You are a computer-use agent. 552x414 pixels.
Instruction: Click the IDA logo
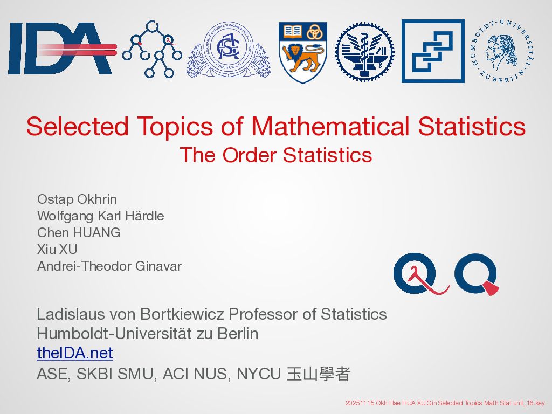pos(63,48)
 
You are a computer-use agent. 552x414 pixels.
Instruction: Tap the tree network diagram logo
pos(152,49)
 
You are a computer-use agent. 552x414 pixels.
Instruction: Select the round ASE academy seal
pos(228,49)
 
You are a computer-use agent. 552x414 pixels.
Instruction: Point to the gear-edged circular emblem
pos(364,52)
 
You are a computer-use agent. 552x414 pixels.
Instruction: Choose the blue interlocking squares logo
pos(433,51)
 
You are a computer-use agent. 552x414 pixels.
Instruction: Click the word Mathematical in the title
pos(330,126)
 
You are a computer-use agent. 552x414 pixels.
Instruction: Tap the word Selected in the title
pos(78,126)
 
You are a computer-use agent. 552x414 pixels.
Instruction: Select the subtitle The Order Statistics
pos(276,155)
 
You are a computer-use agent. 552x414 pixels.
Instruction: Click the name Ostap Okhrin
pos(77,199)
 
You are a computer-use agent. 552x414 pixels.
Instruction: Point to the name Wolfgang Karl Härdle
pos(101,216)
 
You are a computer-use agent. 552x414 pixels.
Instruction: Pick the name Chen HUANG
pos(79,233)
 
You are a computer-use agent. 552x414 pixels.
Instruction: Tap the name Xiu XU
pos(57,249)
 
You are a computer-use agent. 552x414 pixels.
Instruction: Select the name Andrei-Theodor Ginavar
pos(109,266)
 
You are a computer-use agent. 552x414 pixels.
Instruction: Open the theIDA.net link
pos(75,353)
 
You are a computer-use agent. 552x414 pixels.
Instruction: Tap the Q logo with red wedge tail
pos(477,273)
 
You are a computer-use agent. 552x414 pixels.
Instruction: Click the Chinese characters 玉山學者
pos(318,374)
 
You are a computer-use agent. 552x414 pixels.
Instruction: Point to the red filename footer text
pos(445,403)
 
